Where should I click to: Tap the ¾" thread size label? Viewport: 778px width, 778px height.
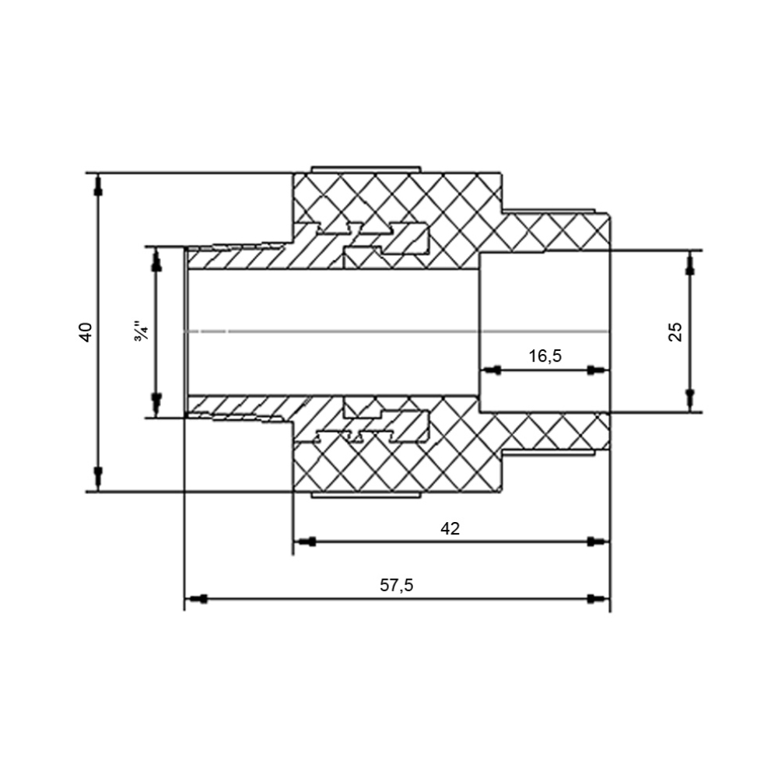tap(140, 332)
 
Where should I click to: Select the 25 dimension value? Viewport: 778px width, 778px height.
tap(675, 331)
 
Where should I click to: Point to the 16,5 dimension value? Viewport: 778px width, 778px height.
tap(545, 356)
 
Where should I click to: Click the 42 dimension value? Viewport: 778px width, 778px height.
tap(450, 528)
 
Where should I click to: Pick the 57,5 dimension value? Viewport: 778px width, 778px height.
tap(397, 585)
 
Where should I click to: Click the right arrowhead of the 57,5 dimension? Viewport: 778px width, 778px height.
tap(598, 599)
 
